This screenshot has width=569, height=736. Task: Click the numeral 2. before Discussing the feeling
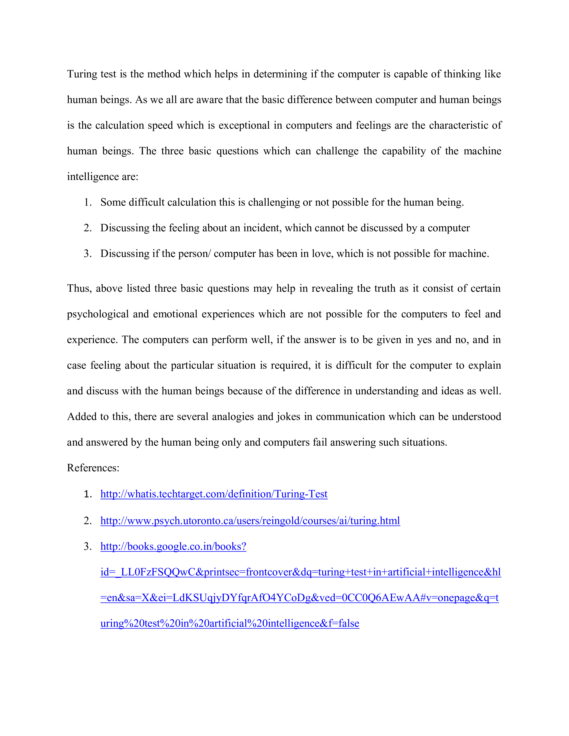click(88, 228)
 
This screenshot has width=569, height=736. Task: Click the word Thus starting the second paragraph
click(79, 288)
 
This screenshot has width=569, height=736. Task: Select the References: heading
click(93, 468)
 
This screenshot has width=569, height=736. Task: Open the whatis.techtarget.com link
click(214, 494)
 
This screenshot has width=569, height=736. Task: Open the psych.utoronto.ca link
click(250, 521)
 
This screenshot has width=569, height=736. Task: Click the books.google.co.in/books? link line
click(173, 546)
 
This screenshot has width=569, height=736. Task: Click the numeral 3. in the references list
click(88, 546)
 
